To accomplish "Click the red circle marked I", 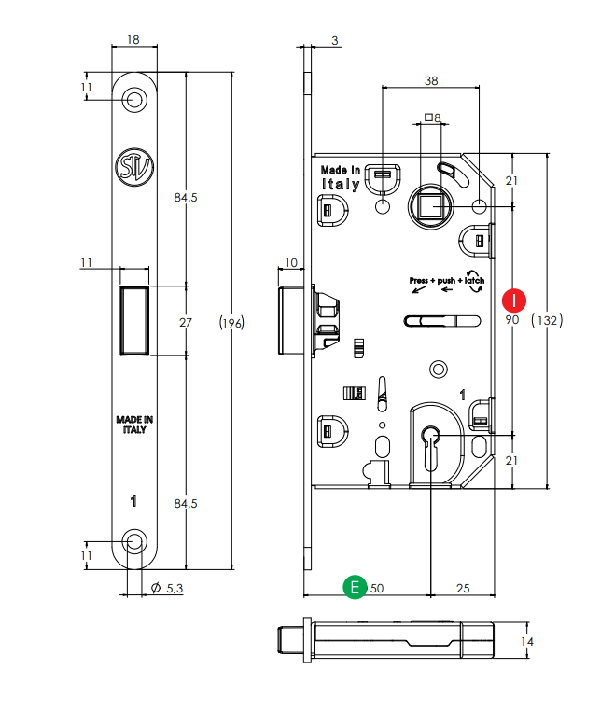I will click(513, 300).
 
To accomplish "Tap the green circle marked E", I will click(354, 587).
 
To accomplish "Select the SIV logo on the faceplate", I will click(133, 166).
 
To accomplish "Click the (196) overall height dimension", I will click(231, 323).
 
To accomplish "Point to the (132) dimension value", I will click(547, 320).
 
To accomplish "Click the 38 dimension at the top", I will click(430, 81).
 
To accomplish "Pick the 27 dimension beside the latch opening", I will click(186, 322).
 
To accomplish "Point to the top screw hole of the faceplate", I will click(136, 99).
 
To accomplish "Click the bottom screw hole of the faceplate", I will click(136, 541).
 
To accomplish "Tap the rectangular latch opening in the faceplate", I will click(134, 322).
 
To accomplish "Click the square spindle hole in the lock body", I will click(430, 205).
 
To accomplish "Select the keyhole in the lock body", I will click(430, 440).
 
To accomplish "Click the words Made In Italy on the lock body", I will click(341, 177).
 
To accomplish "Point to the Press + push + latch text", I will click(447, 280).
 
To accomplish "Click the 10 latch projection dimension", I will click(291, 262).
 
